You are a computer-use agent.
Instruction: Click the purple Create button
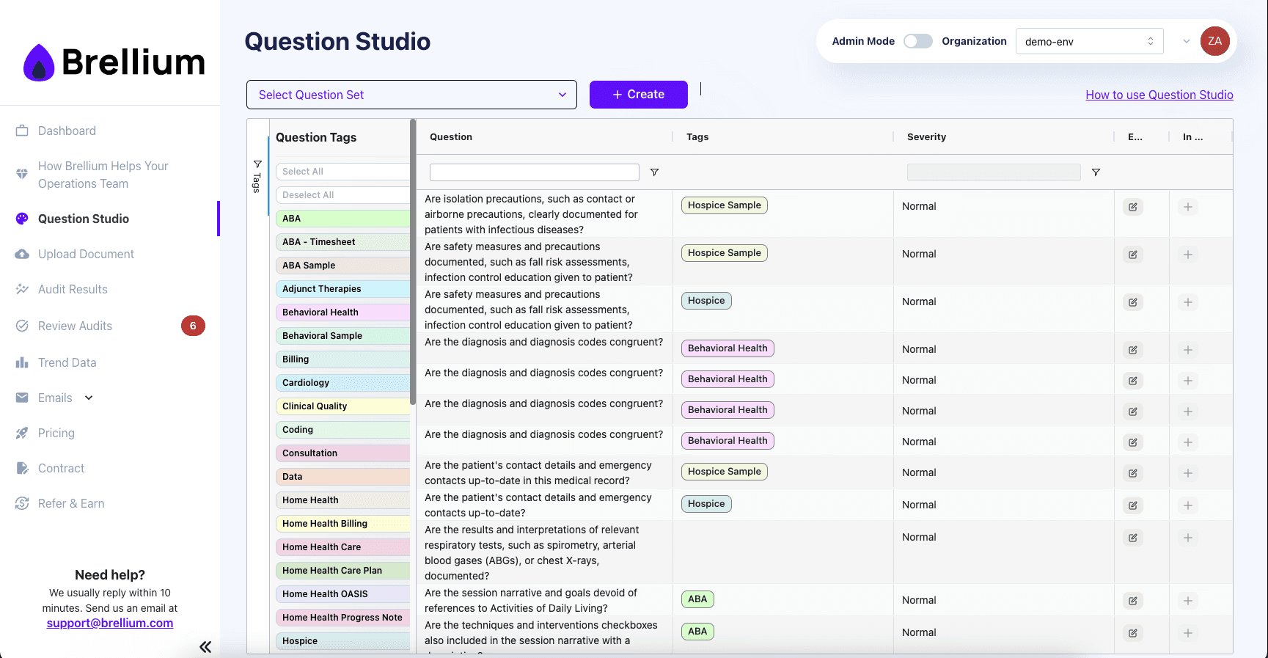tap(638, 95)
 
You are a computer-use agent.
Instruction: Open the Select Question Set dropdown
tap(411, 95)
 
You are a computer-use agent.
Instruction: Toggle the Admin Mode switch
tap(917, 41)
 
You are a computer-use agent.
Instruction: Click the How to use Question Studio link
tap(1159, 95)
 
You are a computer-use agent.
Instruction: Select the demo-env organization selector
tap(1089, 42)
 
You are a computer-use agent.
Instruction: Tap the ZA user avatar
tap(1214, 41)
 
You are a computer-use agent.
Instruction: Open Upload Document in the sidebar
tap(86, 254)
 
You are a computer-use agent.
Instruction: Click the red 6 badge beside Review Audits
tap(193, 326)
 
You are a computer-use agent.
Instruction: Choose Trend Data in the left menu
tap(67, 362)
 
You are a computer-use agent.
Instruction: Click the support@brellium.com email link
tap(110, 623)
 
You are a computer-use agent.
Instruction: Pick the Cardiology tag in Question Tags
tap(342, 383)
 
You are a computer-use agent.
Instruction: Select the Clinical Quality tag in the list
tap(342, 406)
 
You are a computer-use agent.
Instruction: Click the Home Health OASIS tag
tap(342, 594)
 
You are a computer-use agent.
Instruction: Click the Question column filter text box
tap(534, 172)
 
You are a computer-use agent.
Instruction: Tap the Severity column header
tap(926, 137)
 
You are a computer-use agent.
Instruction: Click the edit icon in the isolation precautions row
tap(1132, 207)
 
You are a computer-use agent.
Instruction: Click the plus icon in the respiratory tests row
tap(1187, 538)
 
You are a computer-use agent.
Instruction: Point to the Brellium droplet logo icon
tap(39, 63)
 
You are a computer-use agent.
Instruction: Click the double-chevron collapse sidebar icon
tap(205, 646)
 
